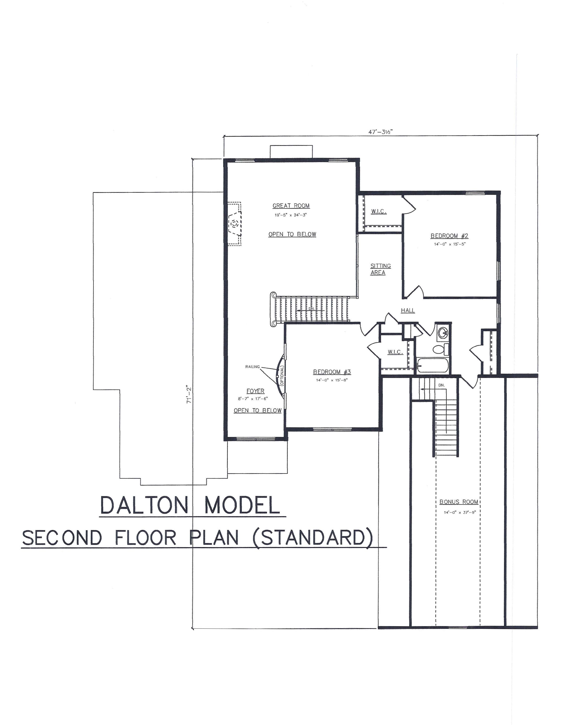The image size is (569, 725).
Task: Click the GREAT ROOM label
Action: (x=291, y=206)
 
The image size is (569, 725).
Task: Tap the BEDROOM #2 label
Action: (x=449, y=236)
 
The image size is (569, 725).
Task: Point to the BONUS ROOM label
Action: (x=459, y=502)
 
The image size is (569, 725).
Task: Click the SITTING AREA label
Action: (x=381, y=269)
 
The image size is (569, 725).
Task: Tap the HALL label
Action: (x=408, y=311)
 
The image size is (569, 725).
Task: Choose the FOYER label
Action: (x=255, y=391)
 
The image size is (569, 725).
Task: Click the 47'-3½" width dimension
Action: (x=381, y=131)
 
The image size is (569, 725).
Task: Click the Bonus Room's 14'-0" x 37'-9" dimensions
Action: (x=460, y=512)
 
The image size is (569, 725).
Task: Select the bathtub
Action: (x=433, y=366)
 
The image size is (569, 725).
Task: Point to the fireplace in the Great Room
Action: (x=234, y=223)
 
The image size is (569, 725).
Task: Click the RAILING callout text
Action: (x=253, y=367)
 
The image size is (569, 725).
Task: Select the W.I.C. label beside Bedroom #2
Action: (x=379, y=212)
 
